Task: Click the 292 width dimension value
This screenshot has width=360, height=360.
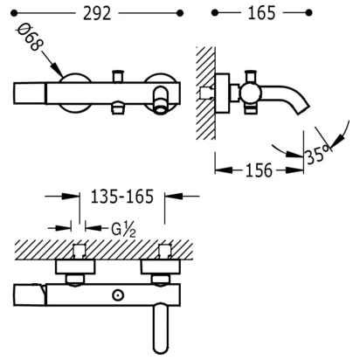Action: coord(97,13)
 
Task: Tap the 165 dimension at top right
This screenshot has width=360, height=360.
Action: coord(261,13)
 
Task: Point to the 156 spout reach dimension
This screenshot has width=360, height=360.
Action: coord(259,170)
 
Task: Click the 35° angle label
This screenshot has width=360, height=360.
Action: coord(318,154)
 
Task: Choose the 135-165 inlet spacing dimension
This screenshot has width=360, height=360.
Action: coord(122,197)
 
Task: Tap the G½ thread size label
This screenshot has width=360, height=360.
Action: coord(123,230)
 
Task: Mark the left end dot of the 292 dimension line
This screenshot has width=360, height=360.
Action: coord(14,13)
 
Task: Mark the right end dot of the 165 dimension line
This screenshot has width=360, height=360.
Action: coord(309,13)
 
